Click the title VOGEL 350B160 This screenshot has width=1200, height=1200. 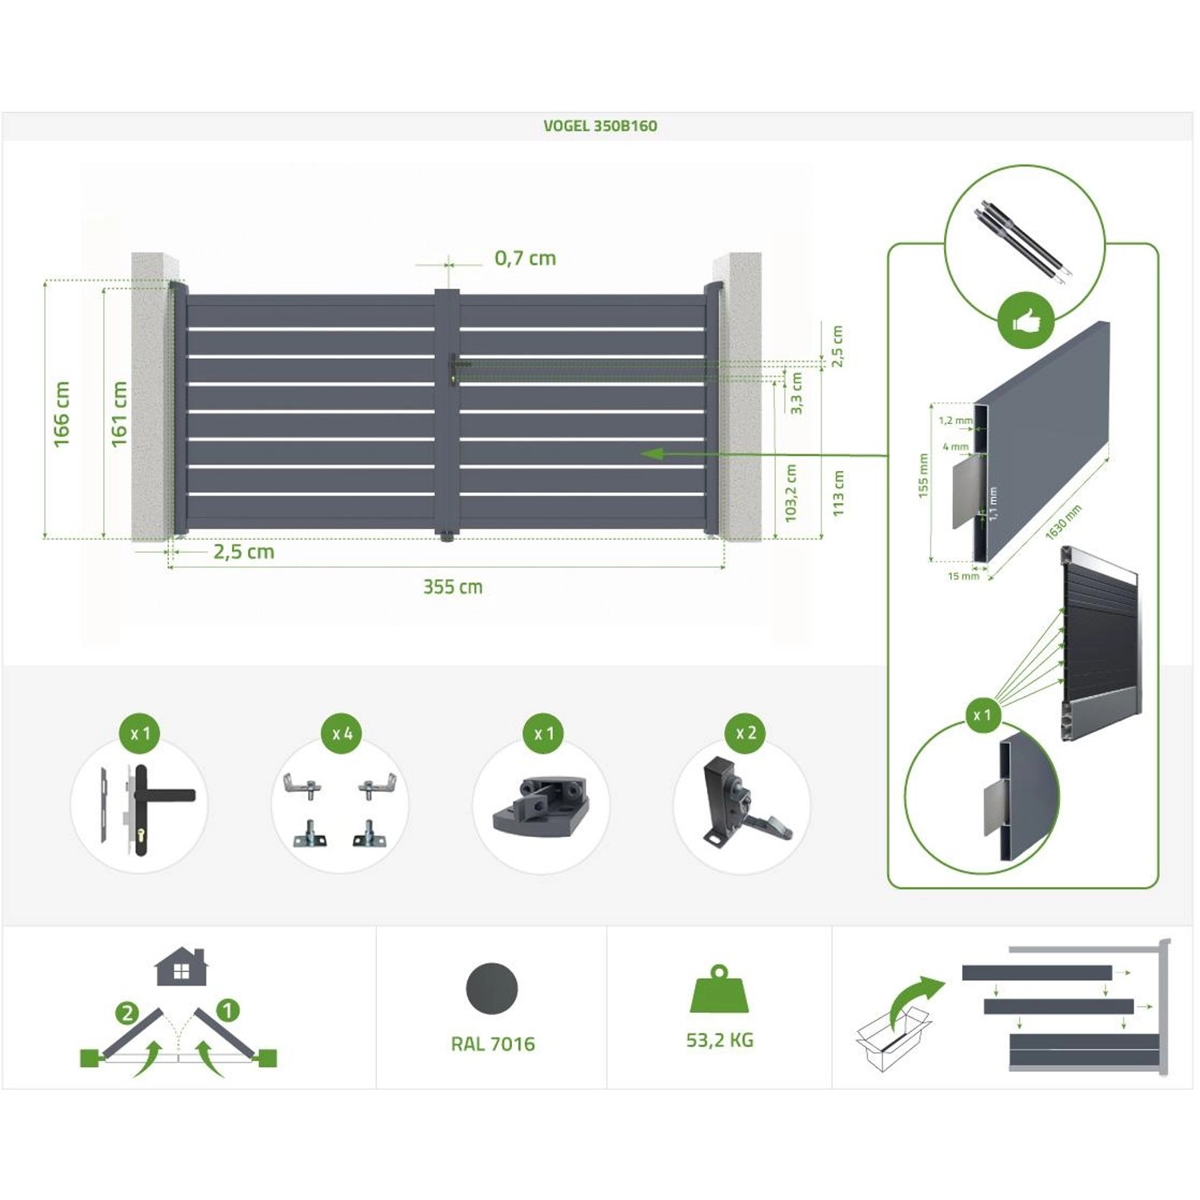tap(600, 126)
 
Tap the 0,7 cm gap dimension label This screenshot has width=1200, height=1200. tap(525, 258)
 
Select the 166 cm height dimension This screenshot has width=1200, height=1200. tap(62, 414)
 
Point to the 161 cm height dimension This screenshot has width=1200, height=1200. tap(119, 414)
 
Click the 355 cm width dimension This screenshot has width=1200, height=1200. tap(453, 587)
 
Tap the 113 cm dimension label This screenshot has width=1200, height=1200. tap(838, 493)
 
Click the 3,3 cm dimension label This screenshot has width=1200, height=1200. tap(796, 393)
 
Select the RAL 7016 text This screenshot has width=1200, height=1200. tap(493, 1044)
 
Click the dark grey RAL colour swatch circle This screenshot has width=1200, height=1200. tap(492, 989)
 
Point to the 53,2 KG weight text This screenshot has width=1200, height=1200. tap(719, 1040)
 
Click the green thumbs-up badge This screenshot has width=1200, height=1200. tap(1025, 322)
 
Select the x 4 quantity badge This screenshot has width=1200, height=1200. tap(342, 734)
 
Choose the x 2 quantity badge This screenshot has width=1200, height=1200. tap(746, 733)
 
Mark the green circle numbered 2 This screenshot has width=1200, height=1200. tap(127, 1014)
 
